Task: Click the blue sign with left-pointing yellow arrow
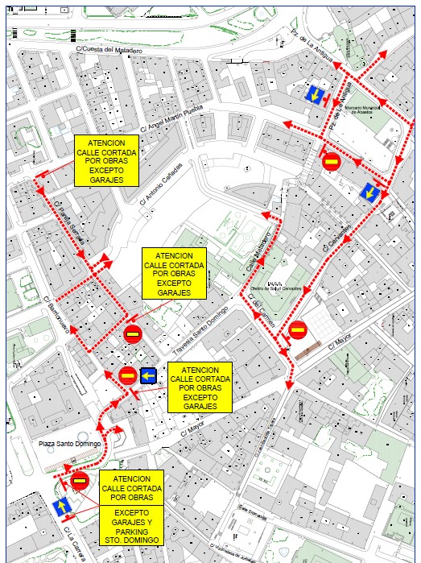pyautogui.click(x=148, y=375)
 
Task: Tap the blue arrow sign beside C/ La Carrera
pyautogui.click(x=60, y=507)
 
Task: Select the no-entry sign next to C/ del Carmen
pyautogui.click(x=297, y=329)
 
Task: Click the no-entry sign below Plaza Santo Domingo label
pyautogui.click(x=79, y=482)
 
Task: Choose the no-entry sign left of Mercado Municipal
pyautogui.click(x=330, y=161)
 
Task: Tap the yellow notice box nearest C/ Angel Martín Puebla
pyautogui.click(x=106, y=161)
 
